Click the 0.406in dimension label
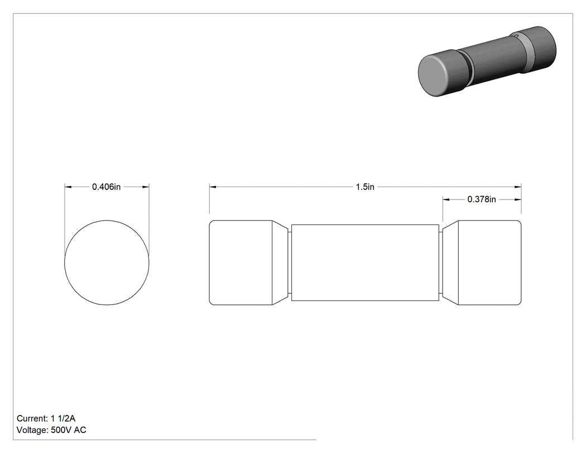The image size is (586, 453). (107, 187)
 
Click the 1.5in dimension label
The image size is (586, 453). (365, 187)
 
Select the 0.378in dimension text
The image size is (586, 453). (482, 199)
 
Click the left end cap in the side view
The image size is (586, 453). (241, 263)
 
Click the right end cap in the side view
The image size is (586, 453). (489, 263)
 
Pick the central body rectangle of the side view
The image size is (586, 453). (365, 263)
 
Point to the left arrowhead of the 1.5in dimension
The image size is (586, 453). (213, 187)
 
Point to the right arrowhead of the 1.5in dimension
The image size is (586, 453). (518, 187)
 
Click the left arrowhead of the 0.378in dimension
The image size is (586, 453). (446, 199)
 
